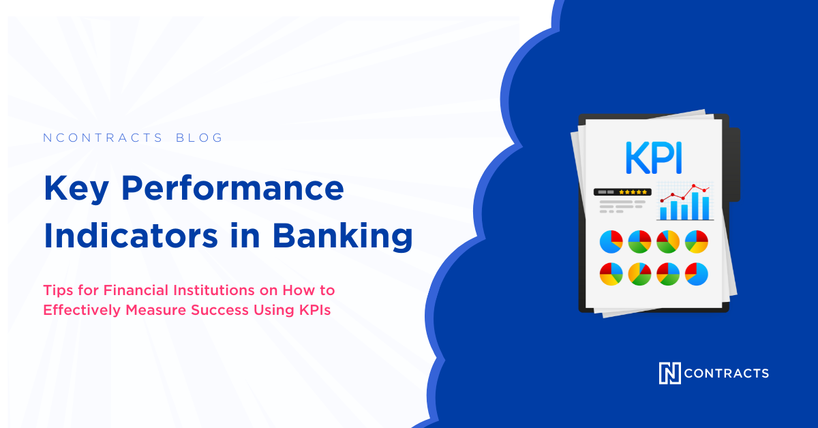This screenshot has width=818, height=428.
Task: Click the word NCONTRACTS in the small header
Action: coord(103,138)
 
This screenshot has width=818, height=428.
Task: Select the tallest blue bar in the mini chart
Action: coord(695,205)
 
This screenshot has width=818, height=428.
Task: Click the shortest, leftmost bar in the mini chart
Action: coord(663,212)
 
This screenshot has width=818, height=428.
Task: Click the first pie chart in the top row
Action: coord(611,241)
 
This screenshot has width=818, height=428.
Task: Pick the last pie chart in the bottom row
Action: coord(696,273)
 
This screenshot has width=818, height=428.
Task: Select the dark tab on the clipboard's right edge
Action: coord(734,164)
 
